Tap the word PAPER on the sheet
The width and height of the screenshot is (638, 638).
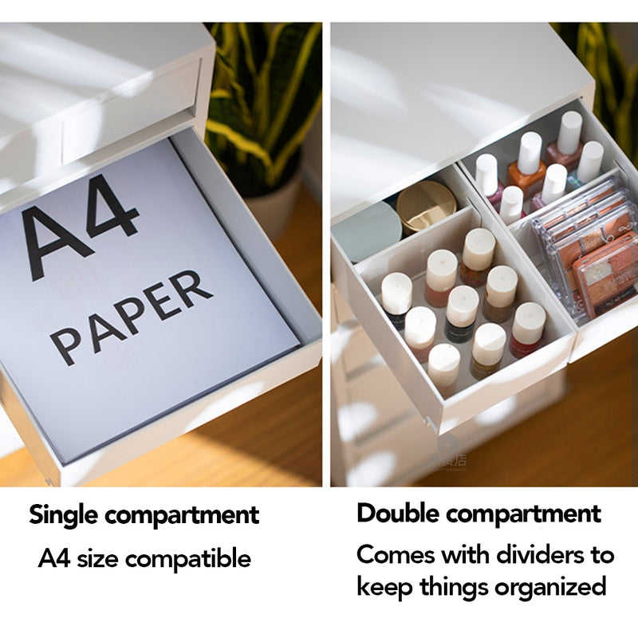tap(131, 317)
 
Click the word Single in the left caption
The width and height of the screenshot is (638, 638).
tap(64, 515)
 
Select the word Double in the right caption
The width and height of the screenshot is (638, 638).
tap(398, 514)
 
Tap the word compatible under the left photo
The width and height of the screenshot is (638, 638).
tap(187, 559)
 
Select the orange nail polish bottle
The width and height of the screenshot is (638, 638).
tap(526, 167)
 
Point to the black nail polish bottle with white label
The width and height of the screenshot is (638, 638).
tap(462, 313)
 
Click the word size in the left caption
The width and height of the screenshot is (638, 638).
tap(97, 559)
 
